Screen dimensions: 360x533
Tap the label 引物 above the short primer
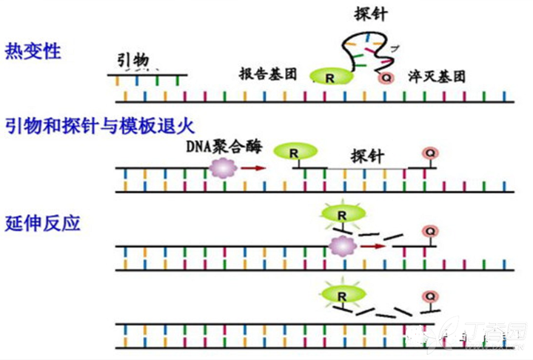134,59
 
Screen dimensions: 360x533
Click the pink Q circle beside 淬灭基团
386,77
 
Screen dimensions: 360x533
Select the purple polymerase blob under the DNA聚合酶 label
221,168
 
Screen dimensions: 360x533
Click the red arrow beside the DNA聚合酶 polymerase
252,168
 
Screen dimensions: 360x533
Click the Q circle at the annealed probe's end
429,153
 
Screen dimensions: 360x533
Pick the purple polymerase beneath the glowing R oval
341,246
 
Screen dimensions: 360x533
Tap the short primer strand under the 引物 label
146,75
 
